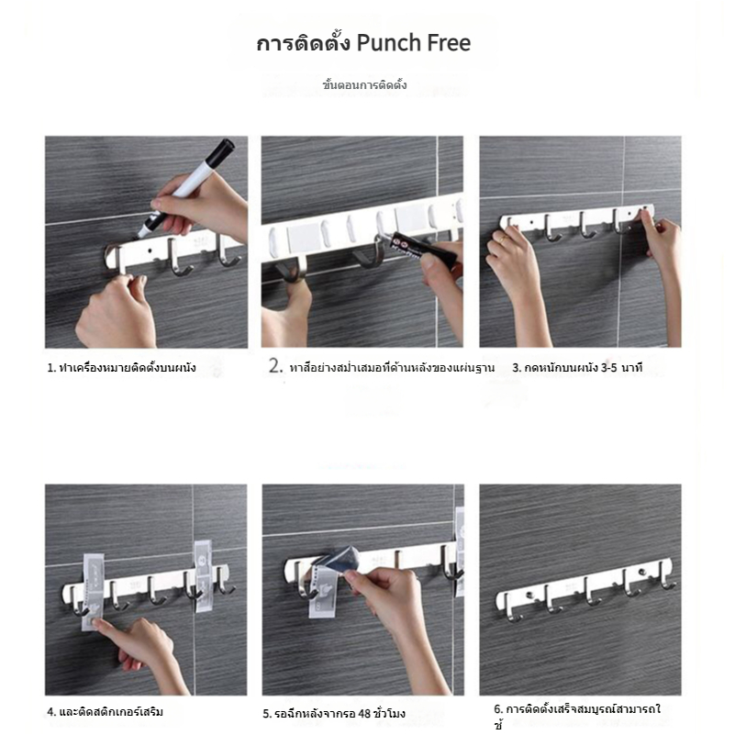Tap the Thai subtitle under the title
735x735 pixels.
click(x=364, y=84)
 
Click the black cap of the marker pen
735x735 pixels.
click(x=220, y=152)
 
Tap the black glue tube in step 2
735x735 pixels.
click(x=423, y=249)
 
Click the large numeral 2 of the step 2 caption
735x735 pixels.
click(x=275, y=365)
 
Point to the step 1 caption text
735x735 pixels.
click(x=121, y=368)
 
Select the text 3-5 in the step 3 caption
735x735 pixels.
click(x=608, y=368)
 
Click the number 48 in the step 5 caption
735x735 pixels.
click(x=364, y=714)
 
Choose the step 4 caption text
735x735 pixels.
click(x=105, y=712)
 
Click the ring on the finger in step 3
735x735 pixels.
click(x=502, y=239)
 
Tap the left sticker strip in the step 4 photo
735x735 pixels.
click(x=93, y=593)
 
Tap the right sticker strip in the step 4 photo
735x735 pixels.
click(x=203, y=576)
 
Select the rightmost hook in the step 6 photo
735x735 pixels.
click(x=666, y=575)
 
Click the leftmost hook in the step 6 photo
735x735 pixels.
click(x=510, y=608)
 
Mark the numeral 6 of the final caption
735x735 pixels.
click(x=497, y=709)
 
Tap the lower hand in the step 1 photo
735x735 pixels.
click(x=117, y=312)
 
